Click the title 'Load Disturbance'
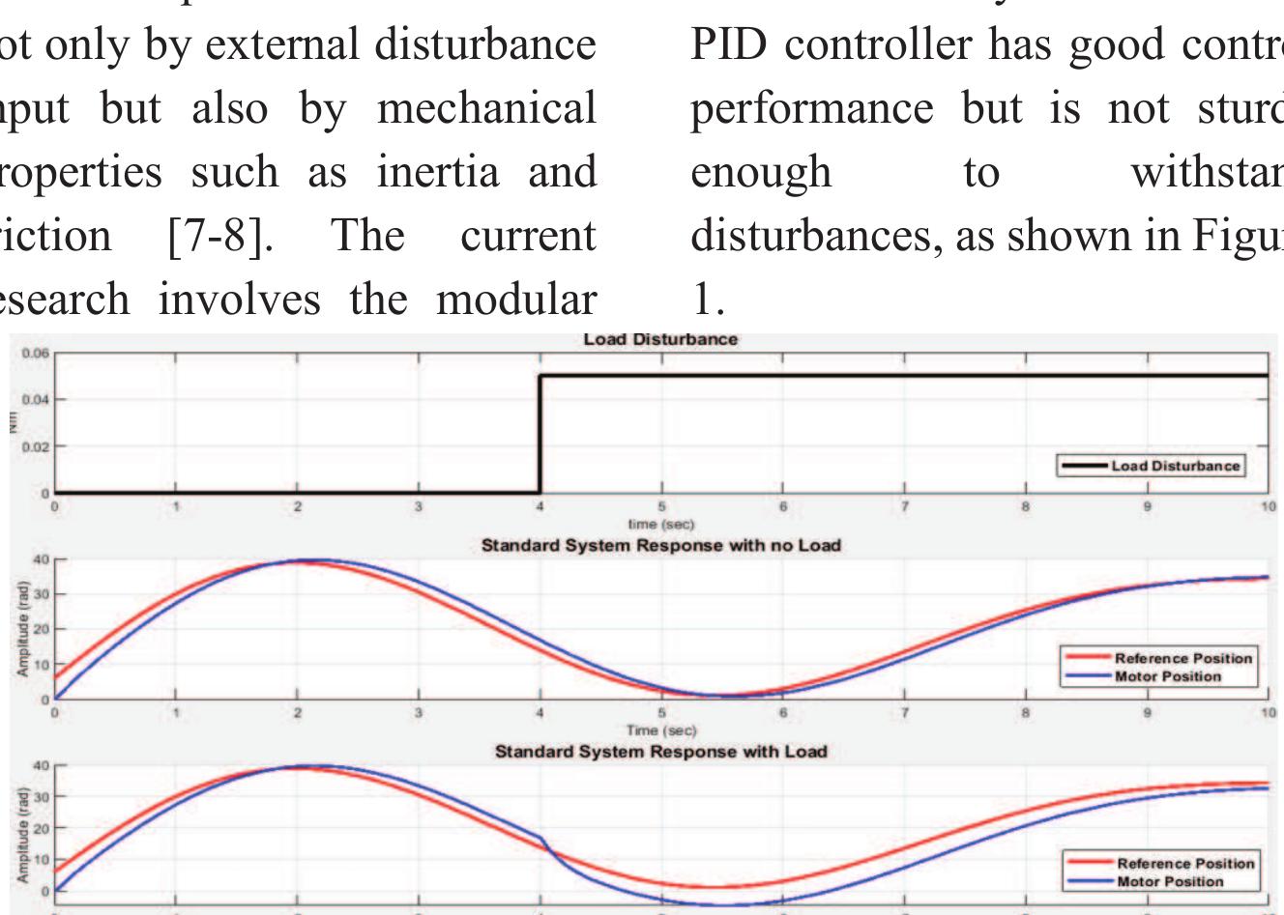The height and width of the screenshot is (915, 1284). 660,340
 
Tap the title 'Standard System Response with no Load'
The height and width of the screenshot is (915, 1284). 660,546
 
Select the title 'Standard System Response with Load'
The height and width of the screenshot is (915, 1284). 660,752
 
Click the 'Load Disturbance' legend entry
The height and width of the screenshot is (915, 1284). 1175,466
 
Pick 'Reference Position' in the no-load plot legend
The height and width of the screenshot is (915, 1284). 1182,658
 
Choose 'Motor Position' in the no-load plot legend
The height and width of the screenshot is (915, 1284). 1167,676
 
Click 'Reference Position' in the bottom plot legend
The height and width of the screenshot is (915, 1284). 1184,863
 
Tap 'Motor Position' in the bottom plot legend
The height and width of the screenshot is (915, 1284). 1169,881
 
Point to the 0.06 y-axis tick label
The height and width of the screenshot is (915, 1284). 34,354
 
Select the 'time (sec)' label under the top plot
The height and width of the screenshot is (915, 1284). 661,524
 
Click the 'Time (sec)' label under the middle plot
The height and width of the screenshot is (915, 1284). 661,730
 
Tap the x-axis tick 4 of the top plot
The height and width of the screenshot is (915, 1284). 540,506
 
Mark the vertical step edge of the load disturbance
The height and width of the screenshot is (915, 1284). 540,435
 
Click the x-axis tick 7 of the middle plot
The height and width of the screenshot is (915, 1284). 905,713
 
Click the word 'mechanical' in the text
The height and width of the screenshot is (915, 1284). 486,107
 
